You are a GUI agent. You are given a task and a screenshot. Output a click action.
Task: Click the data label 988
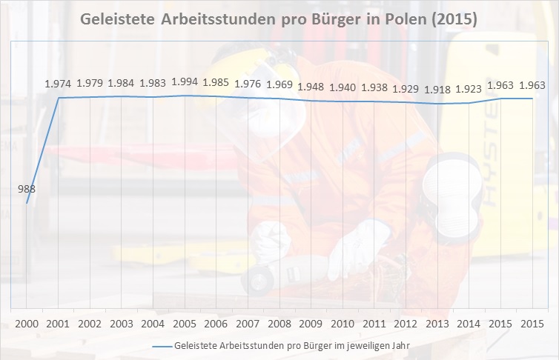coord(27,189)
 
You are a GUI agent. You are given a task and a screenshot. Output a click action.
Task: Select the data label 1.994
coord(185,82)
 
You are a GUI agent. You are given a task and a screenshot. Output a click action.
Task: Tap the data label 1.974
coord(59,84)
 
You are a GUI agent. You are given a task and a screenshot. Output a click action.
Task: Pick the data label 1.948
coord(311,87)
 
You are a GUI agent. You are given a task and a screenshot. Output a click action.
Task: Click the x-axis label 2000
coord(27,324)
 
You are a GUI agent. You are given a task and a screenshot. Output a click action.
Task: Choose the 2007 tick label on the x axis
coord(248,324)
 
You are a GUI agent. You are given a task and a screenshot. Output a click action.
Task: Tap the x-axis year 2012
coord(406,324)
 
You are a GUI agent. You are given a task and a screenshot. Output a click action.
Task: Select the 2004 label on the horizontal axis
coord(153,324)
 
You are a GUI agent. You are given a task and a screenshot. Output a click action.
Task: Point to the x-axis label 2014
coord(469,324)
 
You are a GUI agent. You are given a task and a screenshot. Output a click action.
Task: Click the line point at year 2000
coord(27,203)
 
